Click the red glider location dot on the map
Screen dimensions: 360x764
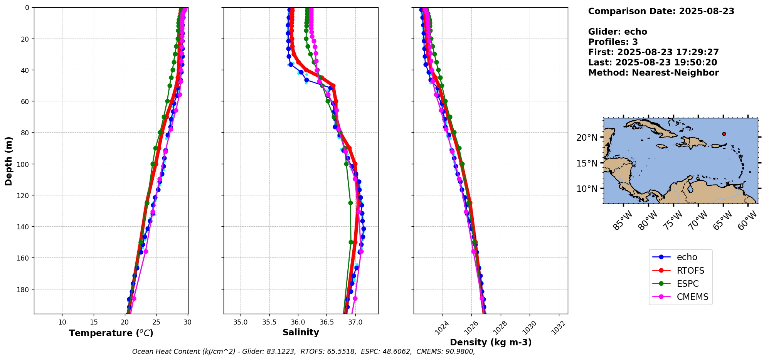click(724, 134)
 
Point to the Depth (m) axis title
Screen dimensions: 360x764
click(9, 161)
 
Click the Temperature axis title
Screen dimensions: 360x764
click(111, 333)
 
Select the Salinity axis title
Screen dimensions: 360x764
click(301, 332)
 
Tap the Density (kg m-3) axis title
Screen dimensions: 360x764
click(491, 342)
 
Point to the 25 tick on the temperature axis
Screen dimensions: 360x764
click(156, 322)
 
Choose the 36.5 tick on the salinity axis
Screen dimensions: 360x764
click(326, 322)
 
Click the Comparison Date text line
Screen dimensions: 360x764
click(661, 11)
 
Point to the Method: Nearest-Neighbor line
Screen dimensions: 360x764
click(653, 73)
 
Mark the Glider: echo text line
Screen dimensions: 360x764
click(618, 32)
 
